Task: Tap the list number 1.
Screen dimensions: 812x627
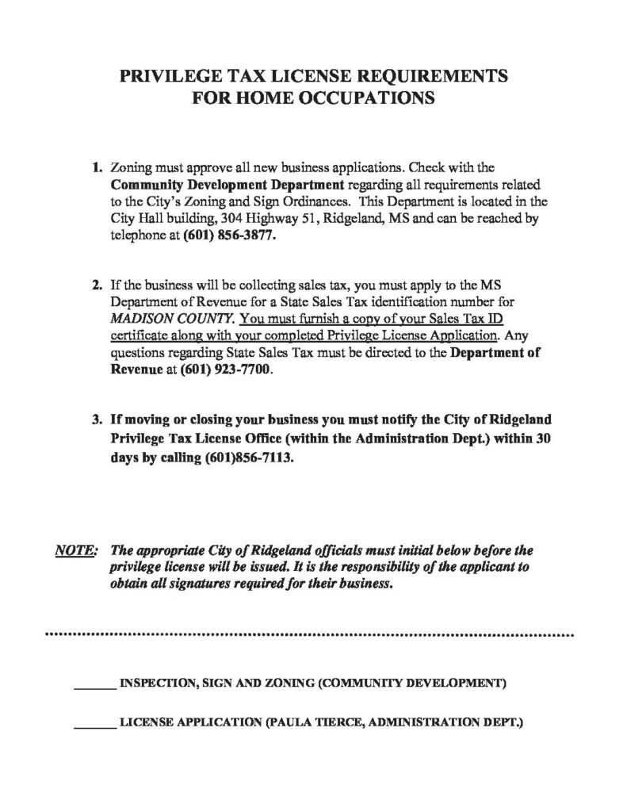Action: pos(97,168)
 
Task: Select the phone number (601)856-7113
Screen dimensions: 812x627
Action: pos(243,458)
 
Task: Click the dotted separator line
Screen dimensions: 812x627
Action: pos(309,635)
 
